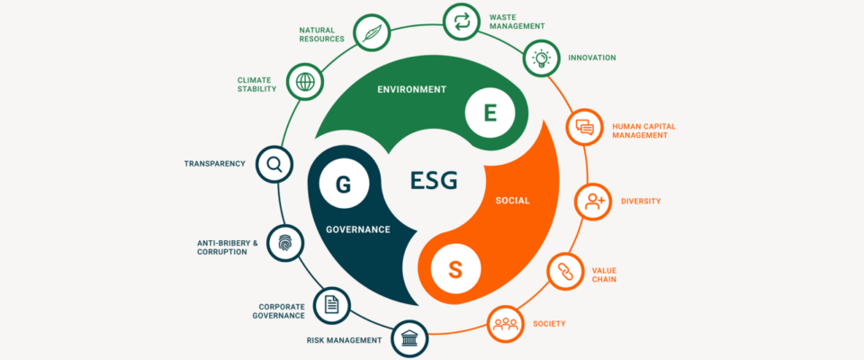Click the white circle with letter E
490,113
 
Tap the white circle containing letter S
455,270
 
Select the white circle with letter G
343,184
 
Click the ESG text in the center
434,180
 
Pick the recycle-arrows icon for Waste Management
461,22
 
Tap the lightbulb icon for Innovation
540,58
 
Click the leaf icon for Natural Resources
370,33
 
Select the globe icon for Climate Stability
305,82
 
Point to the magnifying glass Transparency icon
274,164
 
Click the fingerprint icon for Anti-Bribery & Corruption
285,243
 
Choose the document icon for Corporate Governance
331,305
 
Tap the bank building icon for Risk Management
409,338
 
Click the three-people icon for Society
505,324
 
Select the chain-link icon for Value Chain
565,272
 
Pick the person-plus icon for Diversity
593,202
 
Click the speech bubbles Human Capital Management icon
584,127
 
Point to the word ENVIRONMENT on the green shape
411,89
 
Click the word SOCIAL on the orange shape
512,201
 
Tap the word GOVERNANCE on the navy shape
358,229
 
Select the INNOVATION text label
592,58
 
